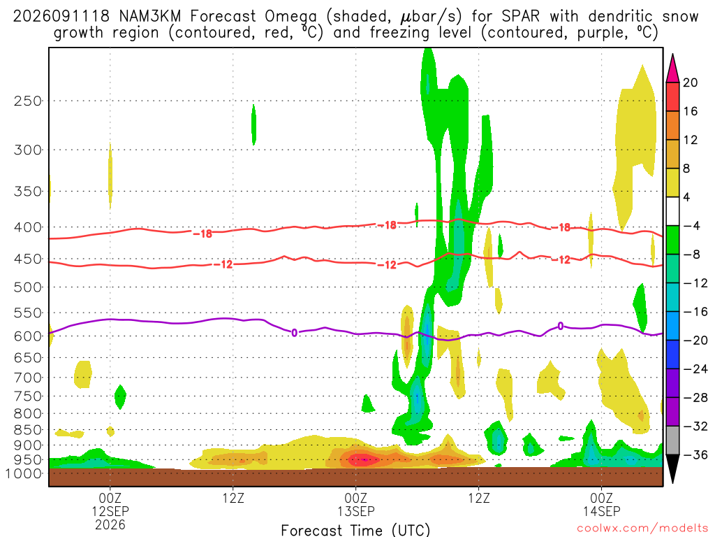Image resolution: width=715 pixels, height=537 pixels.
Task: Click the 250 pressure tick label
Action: click(x=28, y=101)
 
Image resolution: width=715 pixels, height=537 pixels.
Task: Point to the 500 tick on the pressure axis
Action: click(x=28, y=287)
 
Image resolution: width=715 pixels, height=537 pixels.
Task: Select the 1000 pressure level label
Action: click(x=24, y=473)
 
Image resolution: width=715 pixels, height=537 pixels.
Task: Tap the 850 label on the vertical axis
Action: click(x=28, y=430)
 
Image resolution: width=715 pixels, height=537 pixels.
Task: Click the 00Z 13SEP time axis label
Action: click(x=355, y=504)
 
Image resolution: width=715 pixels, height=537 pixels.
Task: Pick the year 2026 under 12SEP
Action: click(x=110, y=524)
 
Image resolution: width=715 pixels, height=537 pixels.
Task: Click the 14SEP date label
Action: click(x=601, y=511)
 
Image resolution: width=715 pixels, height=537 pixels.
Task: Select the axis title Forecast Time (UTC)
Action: click(x=355, y=530)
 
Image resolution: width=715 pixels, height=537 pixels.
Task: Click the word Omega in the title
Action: click(x=290, y=17)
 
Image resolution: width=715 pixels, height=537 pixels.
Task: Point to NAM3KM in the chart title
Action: click(x=149, y=17)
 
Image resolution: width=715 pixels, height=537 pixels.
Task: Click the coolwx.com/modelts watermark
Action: click(x=642, y=528)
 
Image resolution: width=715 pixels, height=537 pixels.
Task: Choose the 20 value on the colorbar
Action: click(x=690, y=83)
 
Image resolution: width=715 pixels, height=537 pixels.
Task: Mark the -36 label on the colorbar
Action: click(x=695, y=454)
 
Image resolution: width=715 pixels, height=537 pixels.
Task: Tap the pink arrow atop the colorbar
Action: click(x=672, y=69)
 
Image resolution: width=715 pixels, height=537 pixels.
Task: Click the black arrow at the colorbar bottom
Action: click(x=672, y=468)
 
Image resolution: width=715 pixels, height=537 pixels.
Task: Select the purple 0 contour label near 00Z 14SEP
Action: click(x=561, y=326)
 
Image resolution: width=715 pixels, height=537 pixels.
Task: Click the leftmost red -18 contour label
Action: click(x=202, y=234)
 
